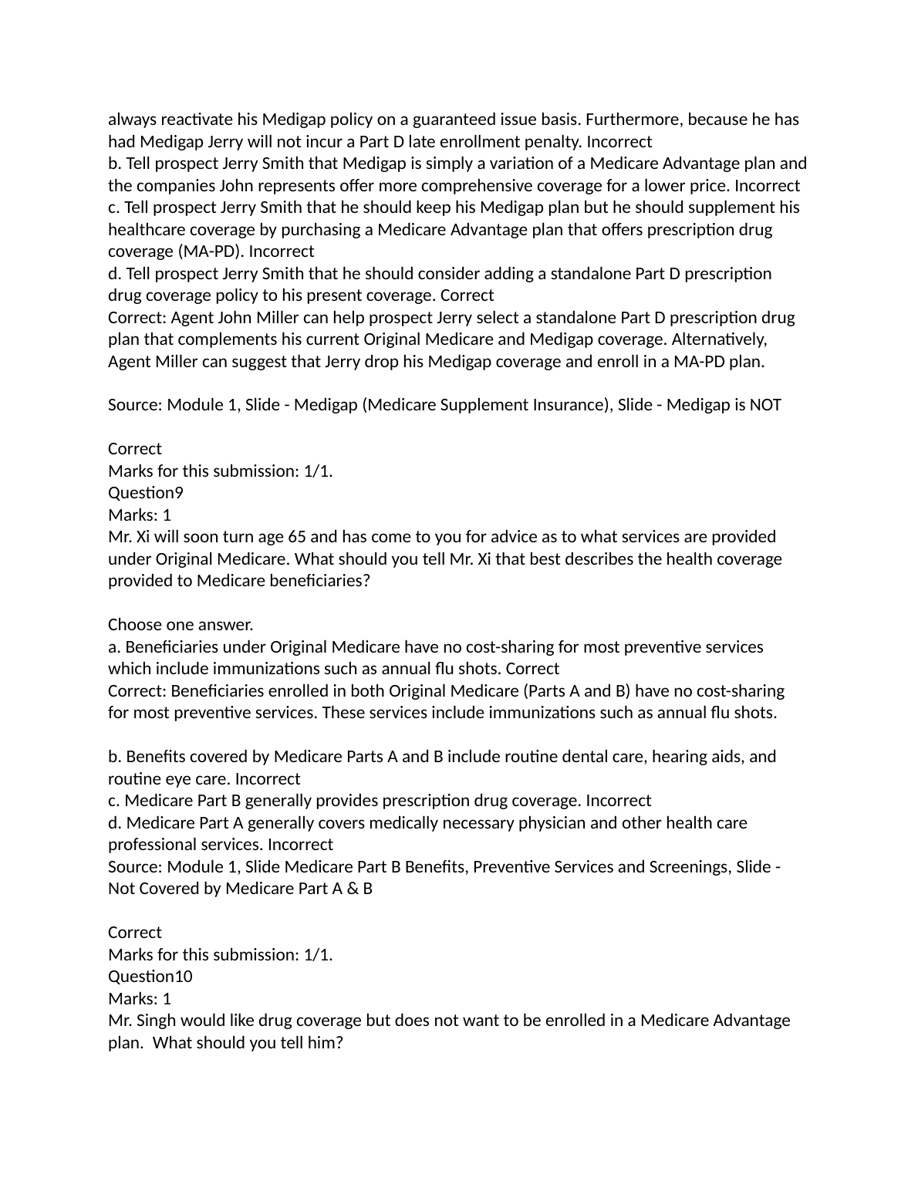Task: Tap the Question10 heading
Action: point(150,977)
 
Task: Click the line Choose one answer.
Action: point(181,625)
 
